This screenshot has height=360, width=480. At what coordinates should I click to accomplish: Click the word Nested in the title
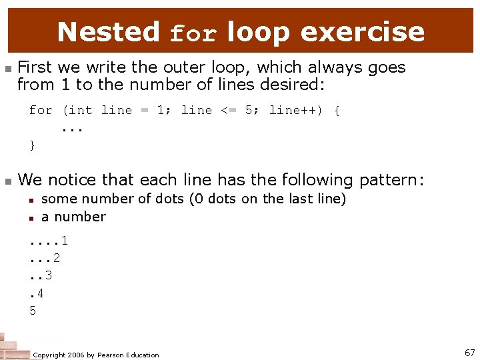pos(108,31)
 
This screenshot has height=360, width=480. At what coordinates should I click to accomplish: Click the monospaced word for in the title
pos(193,33)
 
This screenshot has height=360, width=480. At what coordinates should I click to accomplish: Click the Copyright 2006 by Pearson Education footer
pos(96,355)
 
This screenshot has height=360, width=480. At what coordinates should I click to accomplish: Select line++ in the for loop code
pos(295,110)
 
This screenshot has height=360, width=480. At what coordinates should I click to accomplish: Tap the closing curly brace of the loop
pos(32,145)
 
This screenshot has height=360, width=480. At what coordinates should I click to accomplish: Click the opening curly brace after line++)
pos(337,110)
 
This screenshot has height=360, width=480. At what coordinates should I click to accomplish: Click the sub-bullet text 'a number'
pos(73,217)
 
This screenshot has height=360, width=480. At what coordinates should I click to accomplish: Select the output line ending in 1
pos(49,241)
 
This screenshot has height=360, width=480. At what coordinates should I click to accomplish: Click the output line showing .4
pos(37,292)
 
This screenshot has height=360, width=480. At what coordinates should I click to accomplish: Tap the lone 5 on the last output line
pos(33,309)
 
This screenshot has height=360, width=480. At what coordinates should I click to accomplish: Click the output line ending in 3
pos(41,275)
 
